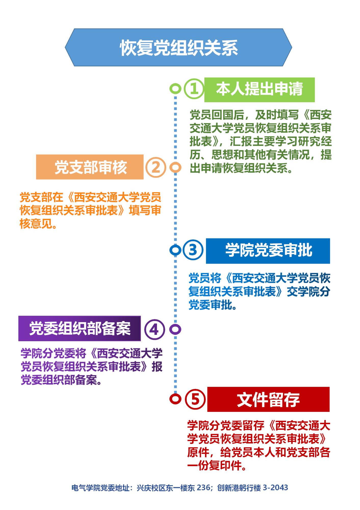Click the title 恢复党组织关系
point(179,48)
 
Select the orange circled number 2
point(156,167)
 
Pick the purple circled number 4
point(155,329)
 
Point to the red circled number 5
point(195,399)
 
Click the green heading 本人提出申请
point(259,89)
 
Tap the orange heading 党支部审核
point(90,167)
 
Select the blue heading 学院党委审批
point(268,251)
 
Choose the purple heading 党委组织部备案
point(80,328)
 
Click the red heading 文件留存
point(268,400)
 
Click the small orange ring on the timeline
point(175,167)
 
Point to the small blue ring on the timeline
point(175,250)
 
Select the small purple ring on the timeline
point(175,329)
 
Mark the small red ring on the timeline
point(175,399)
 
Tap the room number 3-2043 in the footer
point(275,488)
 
